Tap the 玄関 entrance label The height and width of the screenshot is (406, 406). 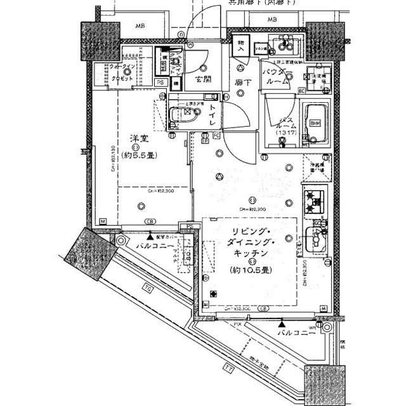203,80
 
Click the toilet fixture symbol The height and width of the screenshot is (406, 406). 185,115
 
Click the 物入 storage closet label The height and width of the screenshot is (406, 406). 242,44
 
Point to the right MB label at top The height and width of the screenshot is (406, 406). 272,20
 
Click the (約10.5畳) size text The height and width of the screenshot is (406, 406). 249,270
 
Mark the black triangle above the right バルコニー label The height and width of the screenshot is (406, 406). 280,323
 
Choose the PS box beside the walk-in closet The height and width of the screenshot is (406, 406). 160,82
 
